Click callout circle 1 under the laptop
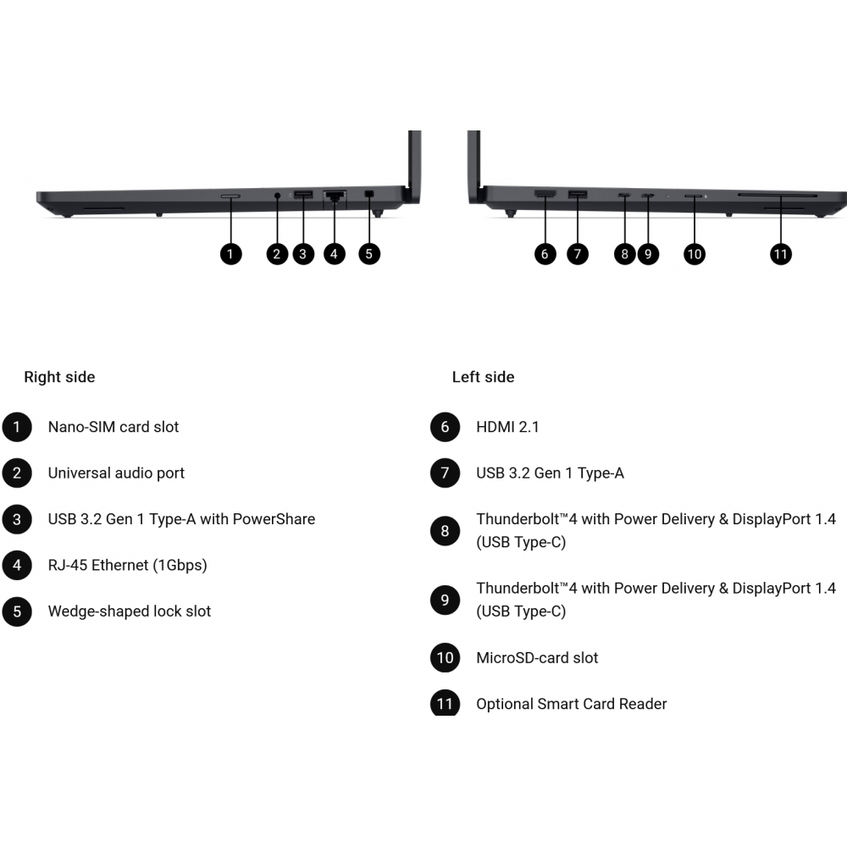coord(230,254)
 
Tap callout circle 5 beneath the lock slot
coord(369,254)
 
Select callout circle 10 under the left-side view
coord(695,254)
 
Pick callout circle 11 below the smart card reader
coord(781,254)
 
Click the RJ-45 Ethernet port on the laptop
coord(335,196)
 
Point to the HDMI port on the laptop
coord(545,193)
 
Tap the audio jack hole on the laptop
coord(278,195)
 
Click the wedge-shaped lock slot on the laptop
coord(369,193)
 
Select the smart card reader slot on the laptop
coord(778,195)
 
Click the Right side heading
coord(59,377)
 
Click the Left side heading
coord(483,377)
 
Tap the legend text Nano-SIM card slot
coord(113,427)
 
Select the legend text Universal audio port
coord(116,473)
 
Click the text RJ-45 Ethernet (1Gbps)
coord(128,566)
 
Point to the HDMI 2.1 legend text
coord(507,427)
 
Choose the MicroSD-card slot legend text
coord(538,658)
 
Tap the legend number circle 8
coord(446,531)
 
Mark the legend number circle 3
coord(17,519)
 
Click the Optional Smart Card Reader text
coord(572,704)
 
